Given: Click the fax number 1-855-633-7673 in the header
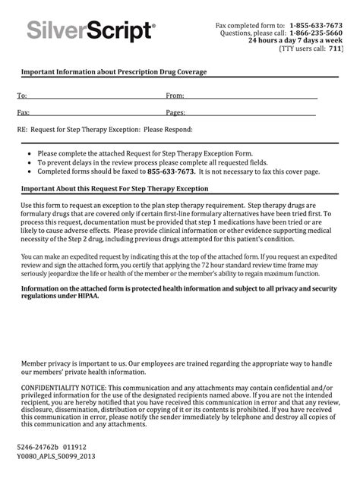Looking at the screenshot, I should (x=316, y=25).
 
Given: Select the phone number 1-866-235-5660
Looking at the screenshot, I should (x=316, y=33).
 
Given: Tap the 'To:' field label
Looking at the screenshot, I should (x=22, y=96).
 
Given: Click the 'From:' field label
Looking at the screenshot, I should (x=175, y=96).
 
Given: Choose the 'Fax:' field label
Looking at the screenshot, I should (x=23, y=112).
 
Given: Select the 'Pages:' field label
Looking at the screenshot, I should (x=175, y=112).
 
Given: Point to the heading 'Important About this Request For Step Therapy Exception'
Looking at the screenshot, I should (x=114, y=188).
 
